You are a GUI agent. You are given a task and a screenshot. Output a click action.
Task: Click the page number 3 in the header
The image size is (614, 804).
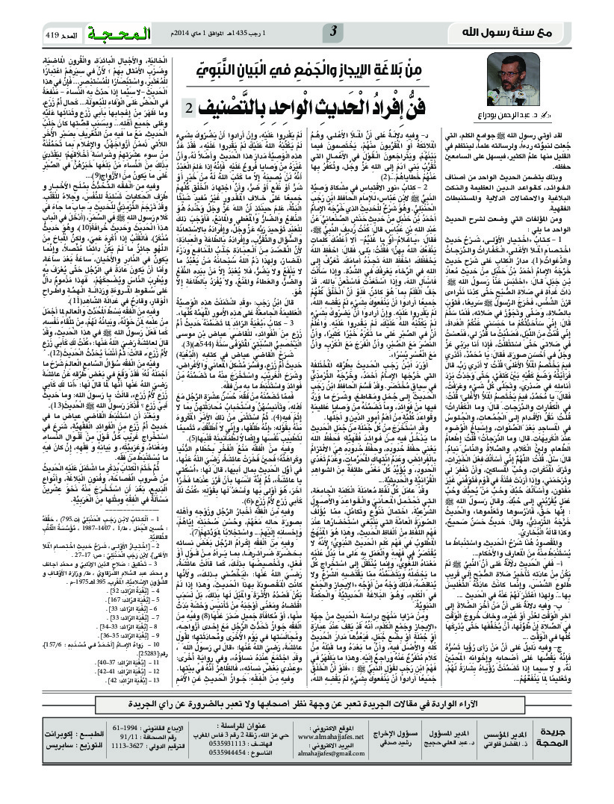334,31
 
